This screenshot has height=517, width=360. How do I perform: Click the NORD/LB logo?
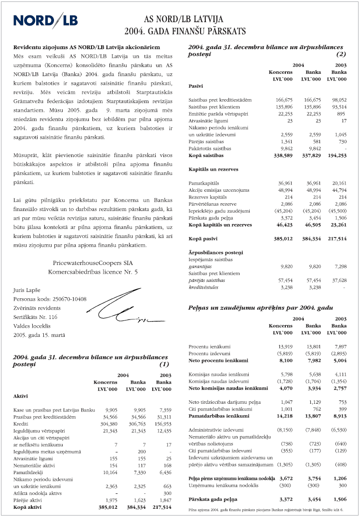[46, 20]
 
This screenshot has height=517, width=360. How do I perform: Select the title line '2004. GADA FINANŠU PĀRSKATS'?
[185, 31]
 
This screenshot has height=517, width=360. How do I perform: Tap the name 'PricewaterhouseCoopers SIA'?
[93, 263]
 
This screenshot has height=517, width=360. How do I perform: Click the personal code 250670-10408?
[51, 299]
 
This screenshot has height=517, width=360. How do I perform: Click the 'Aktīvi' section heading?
[21, 396]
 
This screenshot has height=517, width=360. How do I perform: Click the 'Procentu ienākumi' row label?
[209, 346]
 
